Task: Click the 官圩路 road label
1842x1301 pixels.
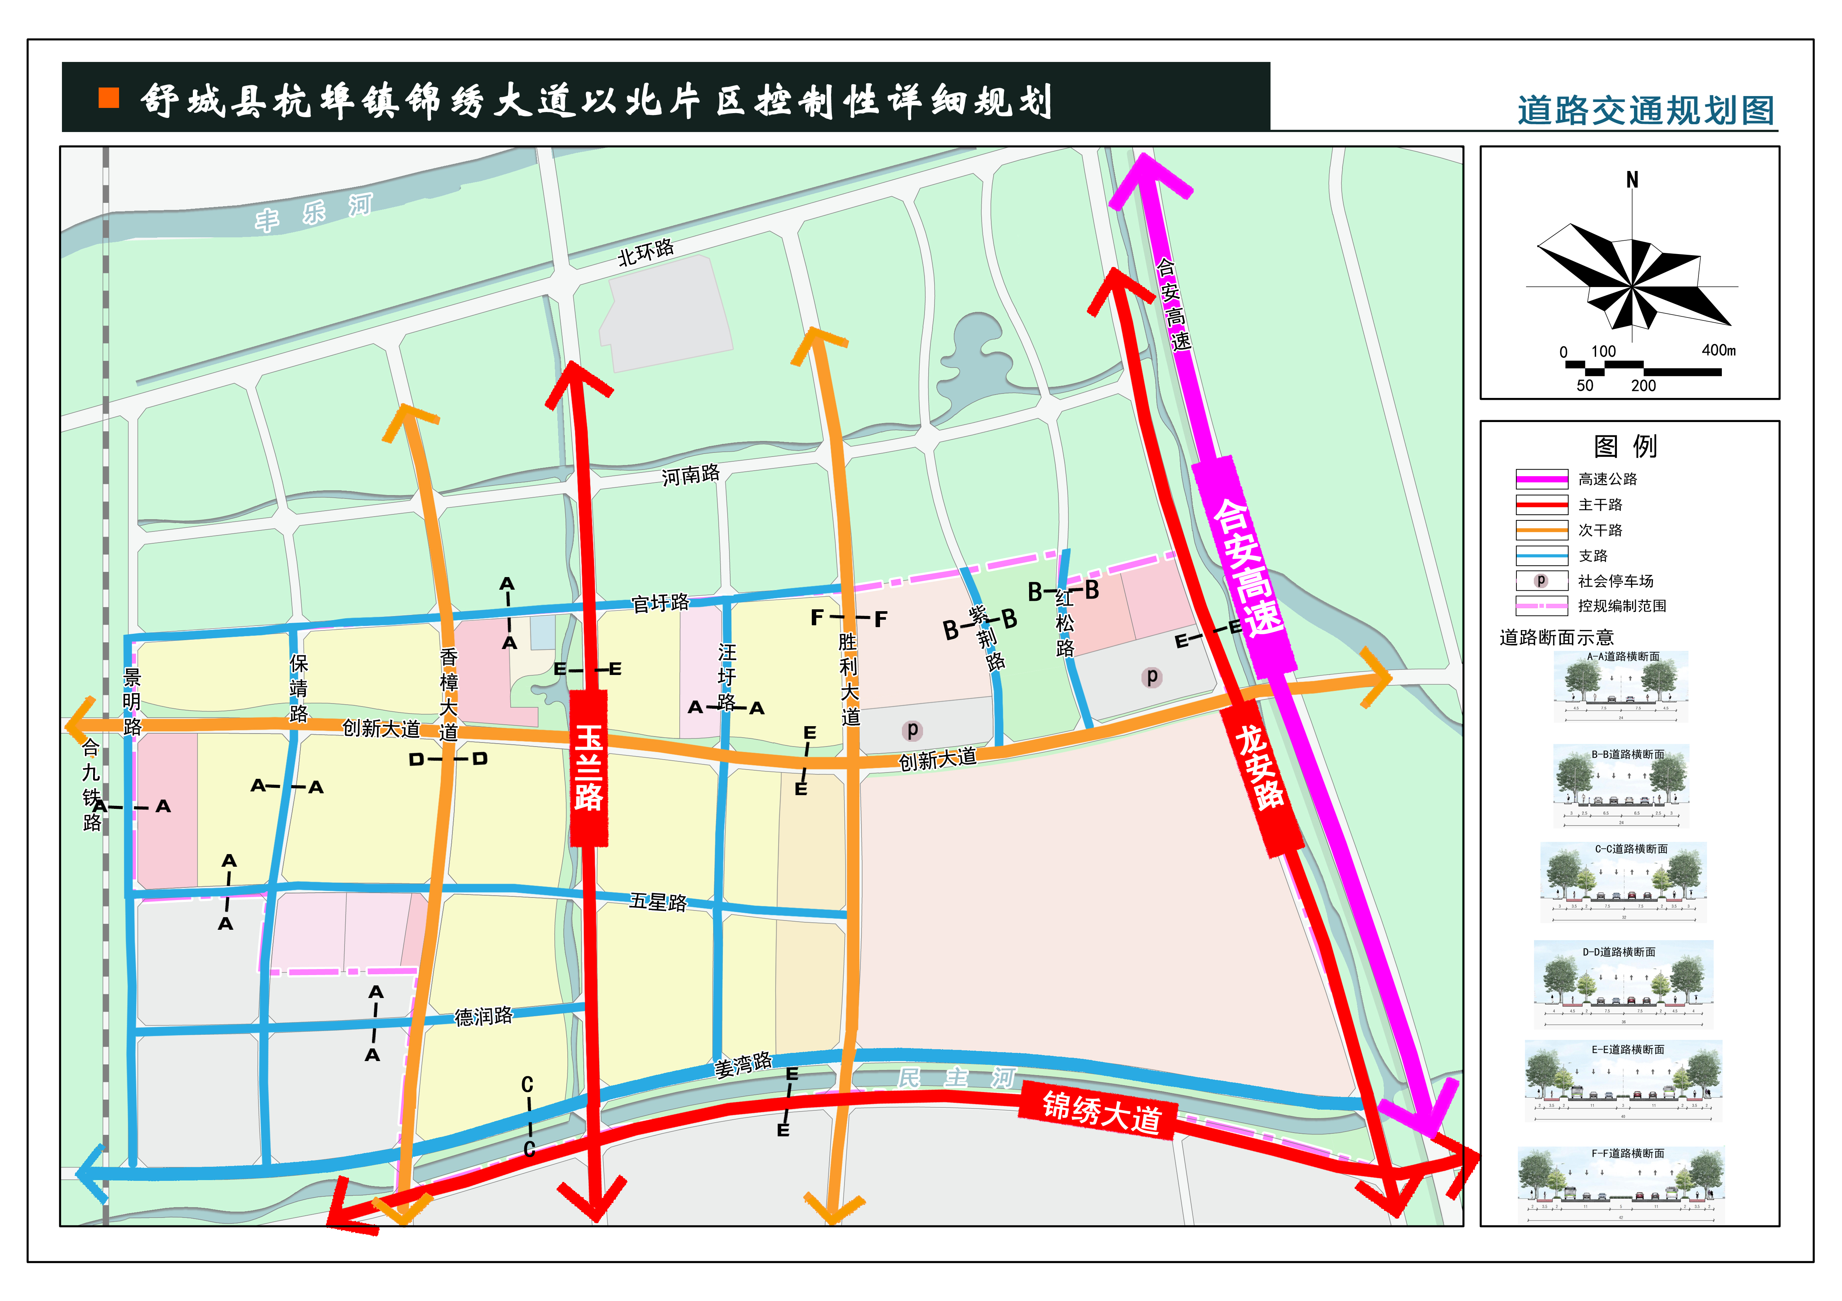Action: pyautogui.click(x=660, y=603)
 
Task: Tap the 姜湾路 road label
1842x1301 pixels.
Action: pyautogui.click(x=743, y=1064)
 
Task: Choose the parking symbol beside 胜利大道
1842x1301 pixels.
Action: pyautogui.click(x=912, y=730)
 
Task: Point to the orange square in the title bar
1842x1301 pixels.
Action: pyautogui.click(x=109, y=98)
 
